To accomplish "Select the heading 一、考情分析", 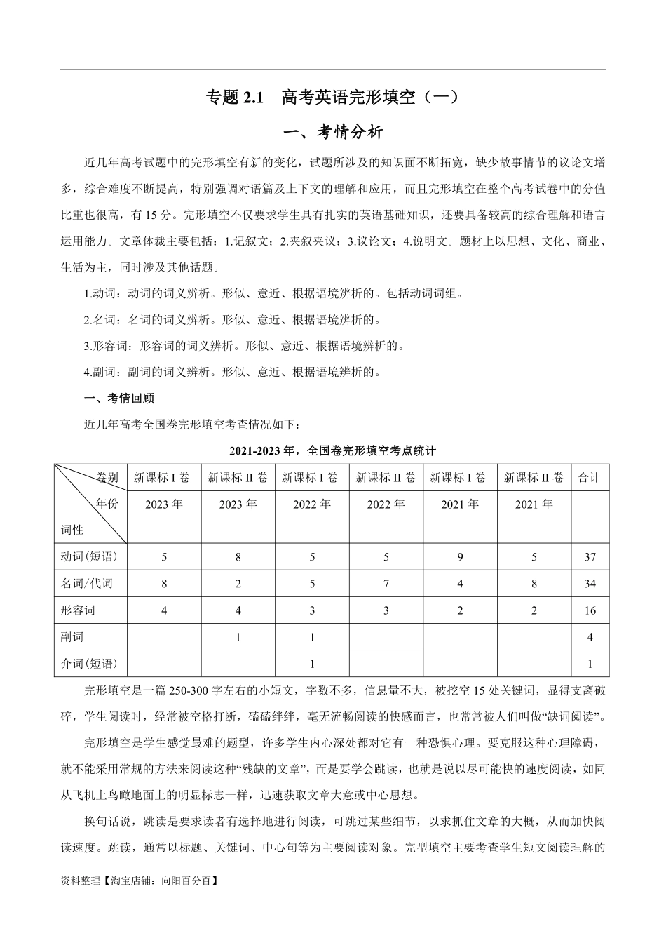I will click(332, 133).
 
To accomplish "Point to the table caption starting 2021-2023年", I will click(332, 450).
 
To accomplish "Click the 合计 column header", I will click(590, 478).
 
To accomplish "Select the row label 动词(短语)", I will click(90, 557).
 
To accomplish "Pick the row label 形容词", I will click(79, 610).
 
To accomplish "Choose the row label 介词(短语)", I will click(90, 664).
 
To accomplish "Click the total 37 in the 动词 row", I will click(590, 557).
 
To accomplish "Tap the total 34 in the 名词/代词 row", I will click(590, 584).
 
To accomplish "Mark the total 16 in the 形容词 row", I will click(590, 610).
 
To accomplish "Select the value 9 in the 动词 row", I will click(460, 557).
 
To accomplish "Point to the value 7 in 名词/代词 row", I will click(386, 584).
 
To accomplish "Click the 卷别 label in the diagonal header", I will click(107, 478).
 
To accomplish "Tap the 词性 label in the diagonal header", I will click(72, 530).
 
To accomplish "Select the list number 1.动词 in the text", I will click(104, 294).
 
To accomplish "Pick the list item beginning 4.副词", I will click(231, 372).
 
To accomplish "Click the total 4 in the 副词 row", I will click(590, 637).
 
